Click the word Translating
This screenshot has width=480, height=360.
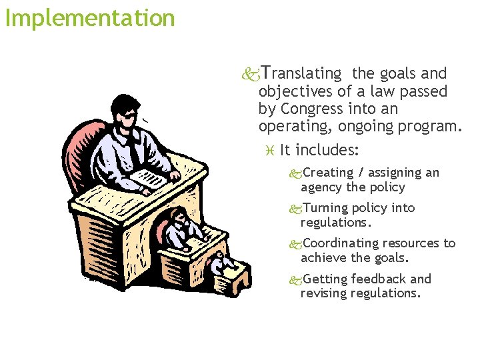click(x=301, y=73)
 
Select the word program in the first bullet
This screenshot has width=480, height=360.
click(x=433, y=125)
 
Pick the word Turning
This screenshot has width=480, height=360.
click(x=325, y=208)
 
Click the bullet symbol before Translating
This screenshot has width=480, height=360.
click(x=251, y=73)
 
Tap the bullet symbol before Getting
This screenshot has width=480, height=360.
click(x=295, y=279)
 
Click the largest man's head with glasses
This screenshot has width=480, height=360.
click(x=125, y=113)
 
